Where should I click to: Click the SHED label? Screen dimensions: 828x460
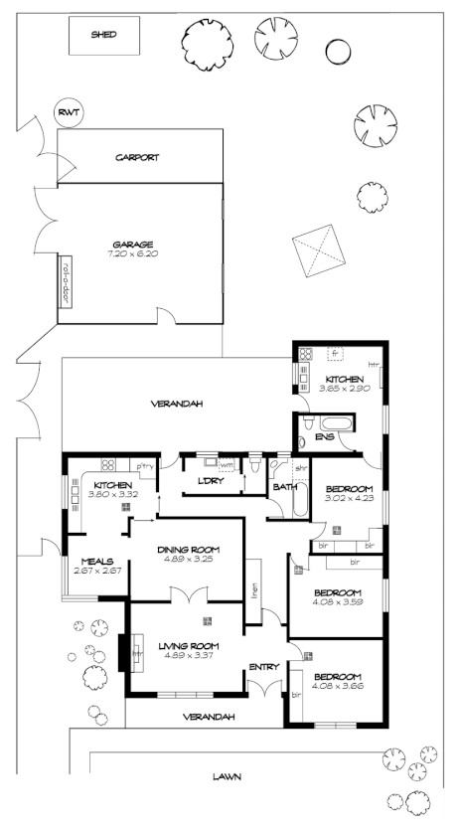(103, 35)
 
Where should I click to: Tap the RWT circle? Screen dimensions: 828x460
(68, 113)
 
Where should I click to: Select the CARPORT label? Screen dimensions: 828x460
(137, 157)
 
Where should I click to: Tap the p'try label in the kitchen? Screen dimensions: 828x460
(145, 466)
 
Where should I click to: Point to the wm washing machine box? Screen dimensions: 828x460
(226, 464)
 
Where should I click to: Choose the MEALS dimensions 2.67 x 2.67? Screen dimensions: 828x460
(97, 571)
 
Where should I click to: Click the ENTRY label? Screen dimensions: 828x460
(263, 667)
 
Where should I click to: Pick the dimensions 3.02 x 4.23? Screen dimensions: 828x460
(349, 498)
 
